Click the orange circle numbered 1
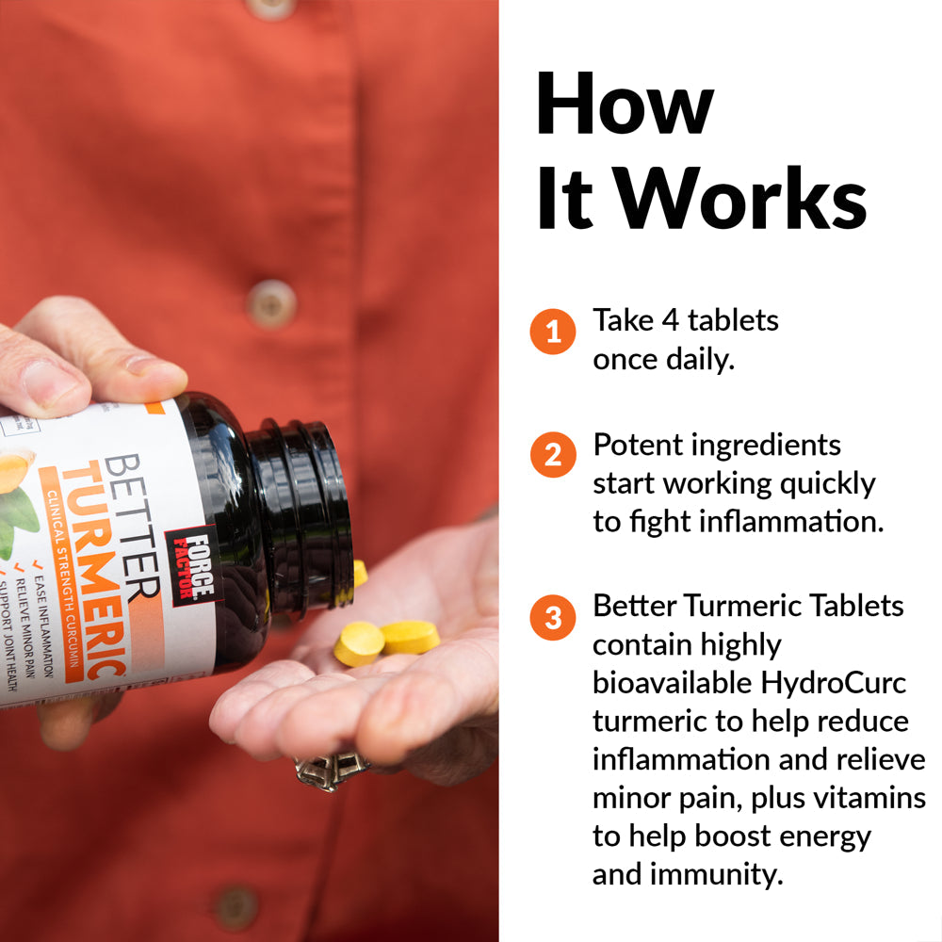552,332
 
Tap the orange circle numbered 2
552,456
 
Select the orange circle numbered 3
552,618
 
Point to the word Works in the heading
742,200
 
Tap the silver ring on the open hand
328,768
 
